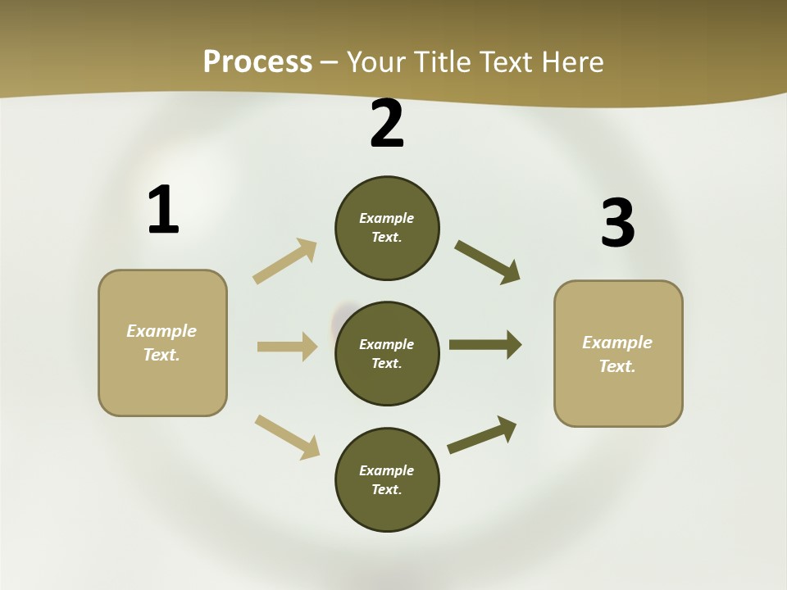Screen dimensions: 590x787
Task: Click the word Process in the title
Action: [257, 61]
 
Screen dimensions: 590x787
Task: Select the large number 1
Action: [162, 210]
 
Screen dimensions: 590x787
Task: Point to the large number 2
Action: [387, 124]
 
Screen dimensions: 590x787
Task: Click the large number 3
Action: [617, 223]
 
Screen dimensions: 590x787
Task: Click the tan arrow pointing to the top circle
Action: [285, 261]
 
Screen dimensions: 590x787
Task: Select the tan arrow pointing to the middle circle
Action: [287, 347]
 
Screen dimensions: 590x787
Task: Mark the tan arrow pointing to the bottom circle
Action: [287, 437]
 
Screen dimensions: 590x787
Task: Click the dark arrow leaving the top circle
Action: [488, 262]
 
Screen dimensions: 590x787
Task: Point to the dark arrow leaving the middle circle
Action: [485, 344]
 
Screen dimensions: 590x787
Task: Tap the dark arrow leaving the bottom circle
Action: [482, 434]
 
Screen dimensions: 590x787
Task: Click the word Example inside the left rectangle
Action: [161, 331]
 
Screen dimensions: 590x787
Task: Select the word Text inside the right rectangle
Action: [616, 366]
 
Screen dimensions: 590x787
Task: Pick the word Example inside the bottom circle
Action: [387, 470]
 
